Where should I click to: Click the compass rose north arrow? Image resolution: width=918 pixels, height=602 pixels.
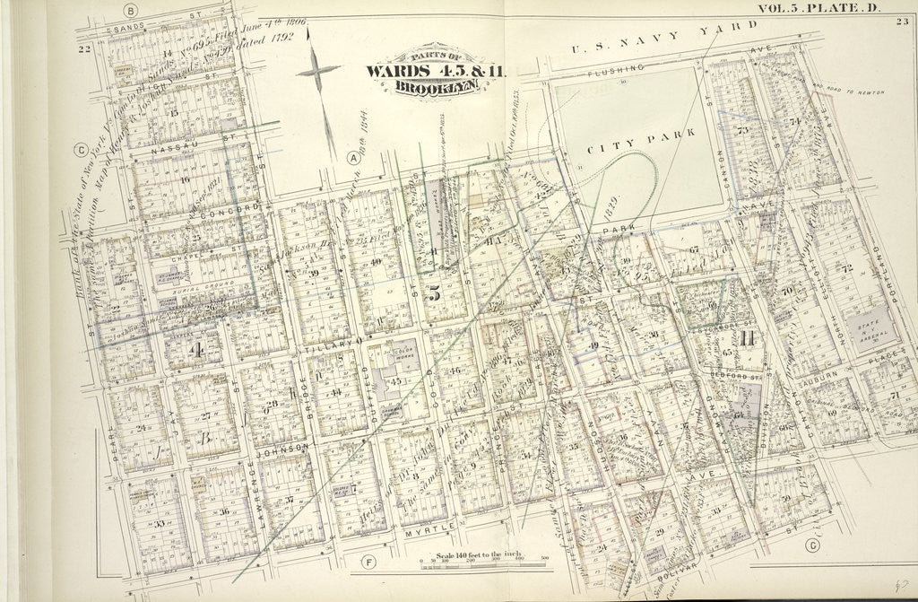tap(319, 70)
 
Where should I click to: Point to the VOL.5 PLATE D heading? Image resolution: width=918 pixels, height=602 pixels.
tap(820, 9)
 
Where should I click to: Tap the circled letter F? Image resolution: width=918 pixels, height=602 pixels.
tap(367, 563)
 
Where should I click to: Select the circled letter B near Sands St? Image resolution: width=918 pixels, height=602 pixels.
tap(131, 12)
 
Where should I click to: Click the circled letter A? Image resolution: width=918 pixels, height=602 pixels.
tap(353, 158)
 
